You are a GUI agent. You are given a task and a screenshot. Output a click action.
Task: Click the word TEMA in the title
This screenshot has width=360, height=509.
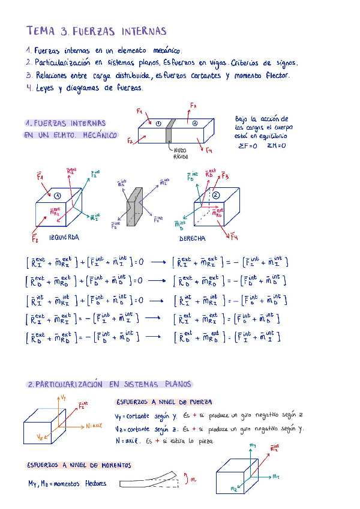40,31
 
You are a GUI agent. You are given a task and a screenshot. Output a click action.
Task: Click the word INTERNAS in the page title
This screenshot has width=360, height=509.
144,31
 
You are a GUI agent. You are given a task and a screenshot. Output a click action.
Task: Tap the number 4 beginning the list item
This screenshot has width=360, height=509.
29,88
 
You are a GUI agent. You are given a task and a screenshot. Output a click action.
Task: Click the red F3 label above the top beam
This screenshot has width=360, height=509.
193,106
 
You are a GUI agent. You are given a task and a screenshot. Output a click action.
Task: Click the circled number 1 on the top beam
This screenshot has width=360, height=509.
158,124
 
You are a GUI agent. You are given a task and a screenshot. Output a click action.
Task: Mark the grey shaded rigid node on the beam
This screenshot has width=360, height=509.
171,130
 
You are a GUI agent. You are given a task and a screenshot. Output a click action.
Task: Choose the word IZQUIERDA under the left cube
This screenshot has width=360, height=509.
63,238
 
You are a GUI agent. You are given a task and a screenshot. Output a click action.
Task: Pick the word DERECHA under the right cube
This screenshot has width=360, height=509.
193,238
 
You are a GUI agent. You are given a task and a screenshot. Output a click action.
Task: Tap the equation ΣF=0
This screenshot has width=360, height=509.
248,145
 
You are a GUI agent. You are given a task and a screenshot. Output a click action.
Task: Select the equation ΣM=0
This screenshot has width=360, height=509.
277,145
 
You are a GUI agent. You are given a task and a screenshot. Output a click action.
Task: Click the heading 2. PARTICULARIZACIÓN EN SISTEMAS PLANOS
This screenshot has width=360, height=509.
109,384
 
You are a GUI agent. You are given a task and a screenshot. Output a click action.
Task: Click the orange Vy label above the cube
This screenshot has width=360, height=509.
64,397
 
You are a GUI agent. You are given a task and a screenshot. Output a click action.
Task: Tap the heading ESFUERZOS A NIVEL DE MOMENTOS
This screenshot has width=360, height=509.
79,465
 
